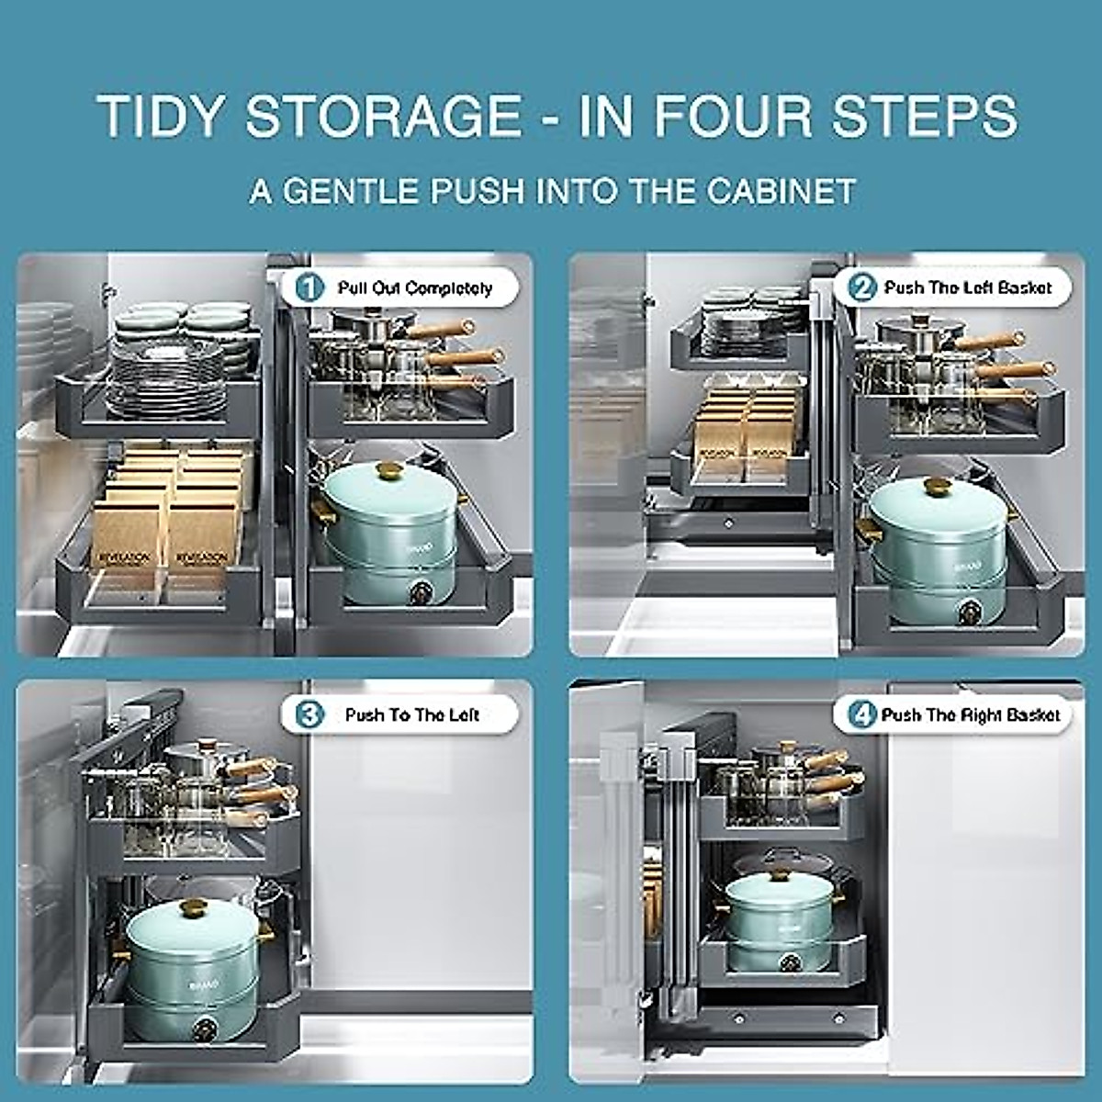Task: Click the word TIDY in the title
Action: coord(161,117)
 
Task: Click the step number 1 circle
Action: coord(311,288)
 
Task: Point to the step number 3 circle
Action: coord(311,714)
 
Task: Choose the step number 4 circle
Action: coord(863,714)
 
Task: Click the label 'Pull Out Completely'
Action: coord(414,288)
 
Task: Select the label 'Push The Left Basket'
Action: coord(967,287)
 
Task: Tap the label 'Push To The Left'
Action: coord(411,714)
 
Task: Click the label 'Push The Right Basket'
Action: coord(970,714)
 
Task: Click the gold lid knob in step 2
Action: coord(937,487)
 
